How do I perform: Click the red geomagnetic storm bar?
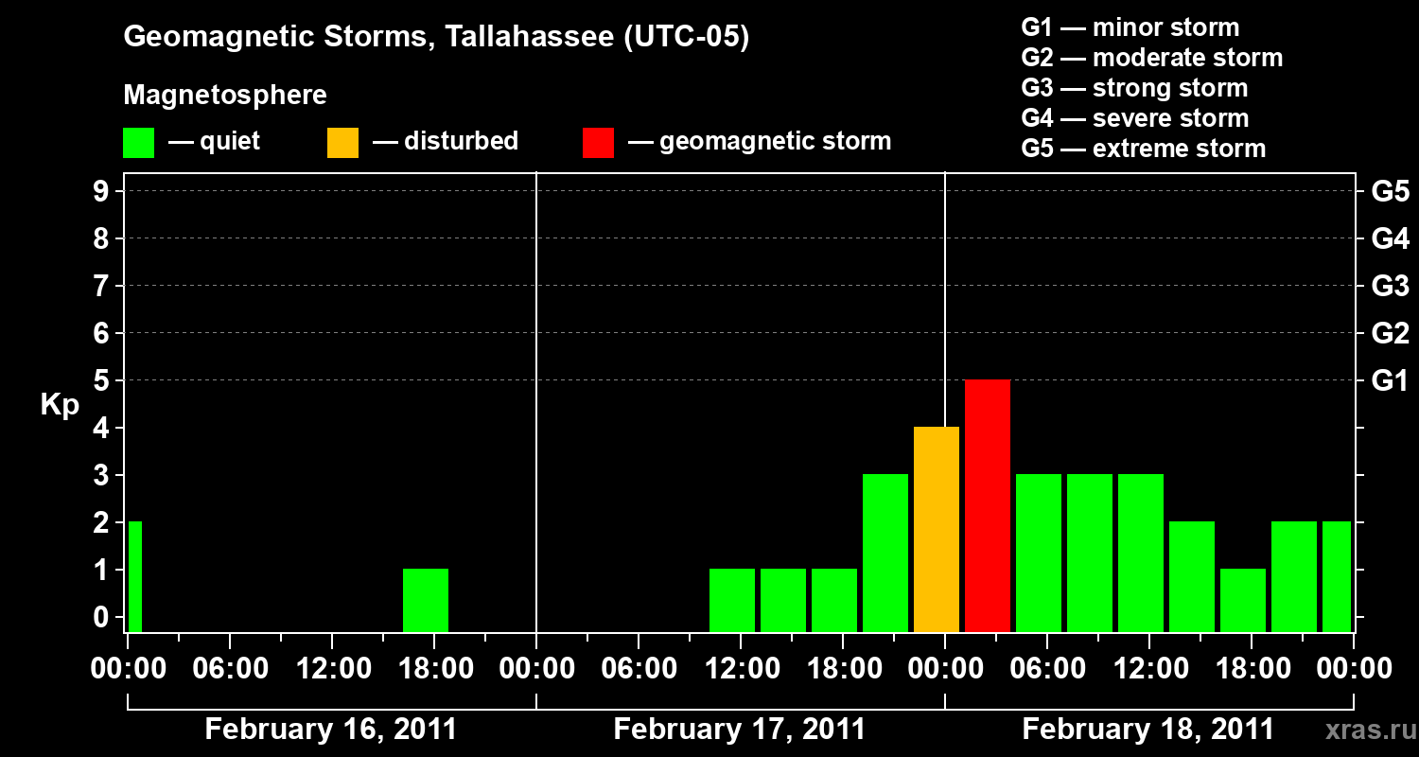point(988,505)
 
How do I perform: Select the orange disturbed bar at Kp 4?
point(937,530)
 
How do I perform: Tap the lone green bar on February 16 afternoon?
point(426,601)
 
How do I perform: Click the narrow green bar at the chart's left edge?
point(135,576)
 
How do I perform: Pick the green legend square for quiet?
point(139,143)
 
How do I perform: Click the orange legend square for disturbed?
point(342,143)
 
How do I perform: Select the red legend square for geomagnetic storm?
point(598,143)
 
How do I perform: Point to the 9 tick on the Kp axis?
point(100,191)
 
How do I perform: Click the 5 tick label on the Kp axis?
point(100,380)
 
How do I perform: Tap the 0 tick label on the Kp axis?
point(100,617)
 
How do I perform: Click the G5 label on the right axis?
point(1391,191)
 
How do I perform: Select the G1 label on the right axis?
point(1390,380)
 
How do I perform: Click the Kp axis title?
point(60,405)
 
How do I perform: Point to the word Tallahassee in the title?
point(529,36)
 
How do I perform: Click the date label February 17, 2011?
point(739,730)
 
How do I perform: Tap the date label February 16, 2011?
point(331,730)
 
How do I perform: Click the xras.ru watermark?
point(1372,731)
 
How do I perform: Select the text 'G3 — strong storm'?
point(1134,88)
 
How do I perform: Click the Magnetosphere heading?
point(225,95)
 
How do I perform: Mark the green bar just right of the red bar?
point(1039,553)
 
